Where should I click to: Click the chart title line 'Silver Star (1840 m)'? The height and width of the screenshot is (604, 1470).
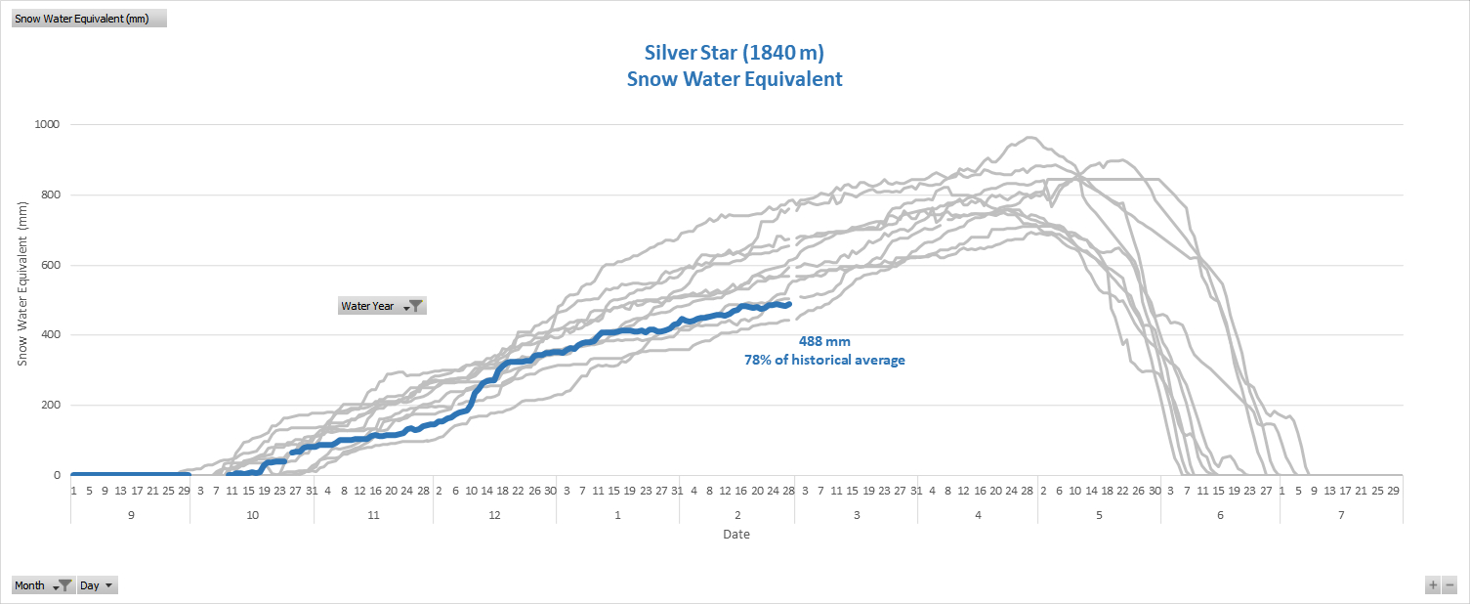[x=734, y=52]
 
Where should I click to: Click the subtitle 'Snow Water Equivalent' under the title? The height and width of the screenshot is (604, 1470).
[x=734, y=79]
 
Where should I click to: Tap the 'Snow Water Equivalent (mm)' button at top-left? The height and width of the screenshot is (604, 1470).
[x=89, y=19]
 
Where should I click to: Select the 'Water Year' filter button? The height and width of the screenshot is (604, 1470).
[x=382, y=306]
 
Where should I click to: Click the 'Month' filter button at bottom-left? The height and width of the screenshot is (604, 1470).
[x=43, y=585]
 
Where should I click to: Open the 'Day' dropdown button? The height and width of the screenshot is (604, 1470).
[x=98, y=585]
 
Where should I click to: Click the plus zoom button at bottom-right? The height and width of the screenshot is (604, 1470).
[x=1433, y=585]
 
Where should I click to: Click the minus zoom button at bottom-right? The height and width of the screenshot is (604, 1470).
[x=1449, y=585]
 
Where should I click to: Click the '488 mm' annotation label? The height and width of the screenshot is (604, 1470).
[x=824, y=341]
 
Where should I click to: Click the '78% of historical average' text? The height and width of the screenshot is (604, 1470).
[x=824, y=360]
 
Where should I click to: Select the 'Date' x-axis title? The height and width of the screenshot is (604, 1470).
[x=736, y=535]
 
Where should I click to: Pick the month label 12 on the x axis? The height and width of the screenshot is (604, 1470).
[x=494, y=514]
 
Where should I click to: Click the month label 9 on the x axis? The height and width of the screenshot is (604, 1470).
[x=130, y=514]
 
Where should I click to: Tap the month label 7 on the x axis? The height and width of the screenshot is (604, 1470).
[x=1341, y=514]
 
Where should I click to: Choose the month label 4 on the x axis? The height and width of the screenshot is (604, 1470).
[x=978, y=514]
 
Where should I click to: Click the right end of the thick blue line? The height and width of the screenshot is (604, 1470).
[x=788, y=304]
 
